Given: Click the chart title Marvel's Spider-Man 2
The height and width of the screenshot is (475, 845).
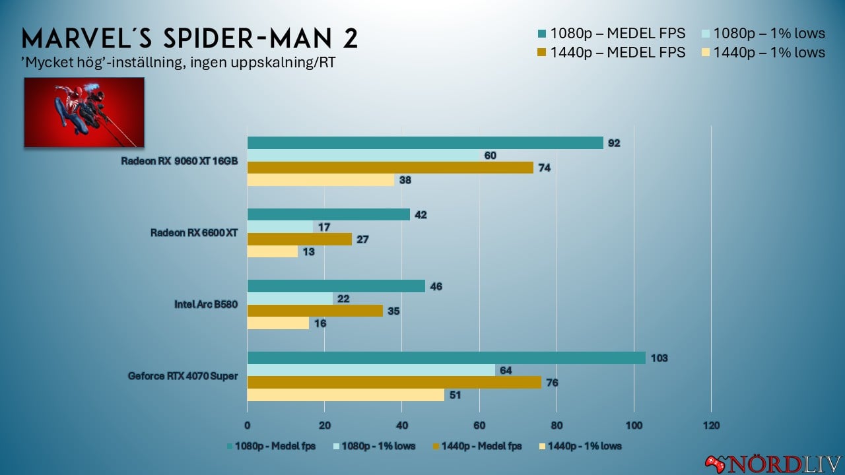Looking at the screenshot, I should (x=190, y=38).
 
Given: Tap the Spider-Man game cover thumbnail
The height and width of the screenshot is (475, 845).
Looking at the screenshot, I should (x=84, y=112).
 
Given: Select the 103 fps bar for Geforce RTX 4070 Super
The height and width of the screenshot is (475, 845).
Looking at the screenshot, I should (x=446, y=358).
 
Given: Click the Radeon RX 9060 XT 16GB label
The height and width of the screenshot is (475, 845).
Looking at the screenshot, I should (x=180, y=162).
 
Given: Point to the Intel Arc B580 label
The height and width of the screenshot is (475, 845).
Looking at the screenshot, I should (x=206, y=305).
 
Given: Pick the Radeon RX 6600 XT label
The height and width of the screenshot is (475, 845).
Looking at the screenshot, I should (x=194, y=233).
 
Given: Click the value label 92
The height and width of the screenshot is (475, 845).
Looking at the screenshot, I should (x=614, y=143).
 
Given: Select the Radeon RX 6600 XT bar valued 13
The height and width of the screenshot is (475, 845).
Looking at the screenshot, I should (x=272, y=251).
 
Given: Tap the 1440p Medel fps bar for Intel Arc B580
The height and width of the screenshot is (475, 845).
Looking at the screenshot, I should (x=315, y=311).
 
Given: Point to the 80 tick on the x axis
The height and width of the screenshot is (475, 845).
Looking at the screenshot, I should (x=557, y=425).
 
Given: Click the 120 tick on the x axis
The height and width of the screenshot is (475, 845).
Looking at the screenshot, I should (x=711, y=425).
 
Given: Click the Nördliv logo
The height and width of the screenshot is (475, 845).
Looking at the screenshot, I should (x=773, y=462).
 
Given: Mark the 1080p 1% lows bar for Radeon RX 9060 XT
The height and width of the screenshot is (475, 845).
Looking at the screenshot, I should (x=363, y=156).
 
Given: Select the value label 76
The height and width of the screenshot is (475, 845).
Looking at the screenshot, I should (x=552, y=383).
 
